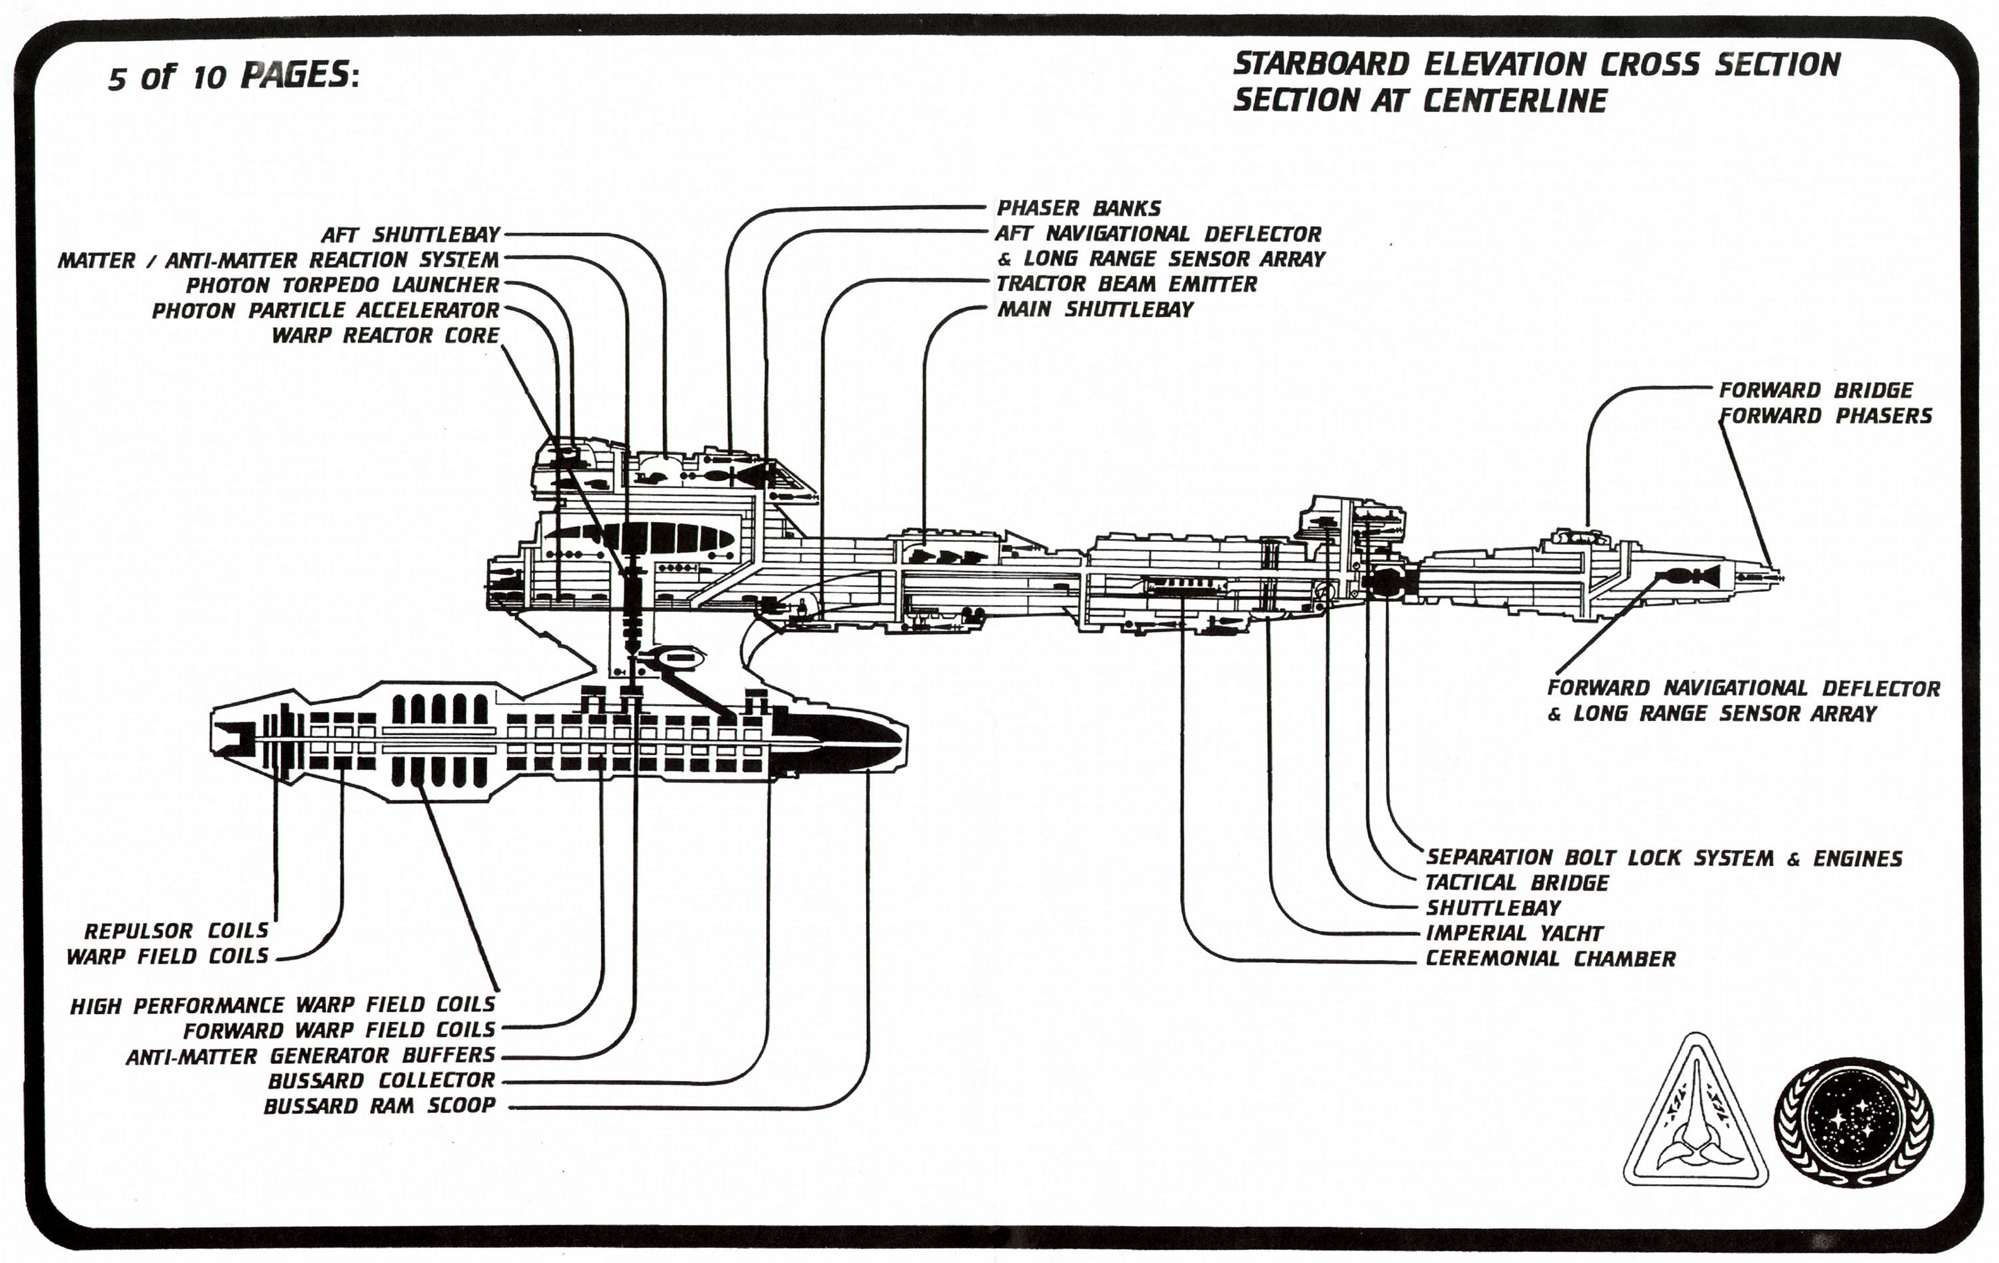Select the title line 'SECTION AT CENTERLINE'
1419,101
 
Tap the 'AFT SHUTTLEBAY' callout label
412,235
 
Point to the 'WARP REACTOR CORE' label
386,335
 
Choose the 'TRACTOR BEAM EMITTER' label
1126,284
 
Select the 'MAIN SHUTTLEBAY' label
1095,310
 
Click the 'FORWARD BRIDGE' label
1815,390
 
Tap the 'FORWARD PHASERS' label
1825,416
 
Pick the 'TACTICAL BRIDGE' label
1517,883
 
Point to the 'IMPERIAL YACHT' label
1514,933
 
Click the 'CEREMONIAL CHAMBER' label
1550,960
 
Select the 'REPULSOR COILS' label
176,930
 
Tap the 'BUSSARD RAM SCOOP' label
379,1106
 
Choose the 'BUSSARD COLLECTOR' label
381,1081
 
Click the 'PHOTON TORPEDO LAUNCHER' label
342,285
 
